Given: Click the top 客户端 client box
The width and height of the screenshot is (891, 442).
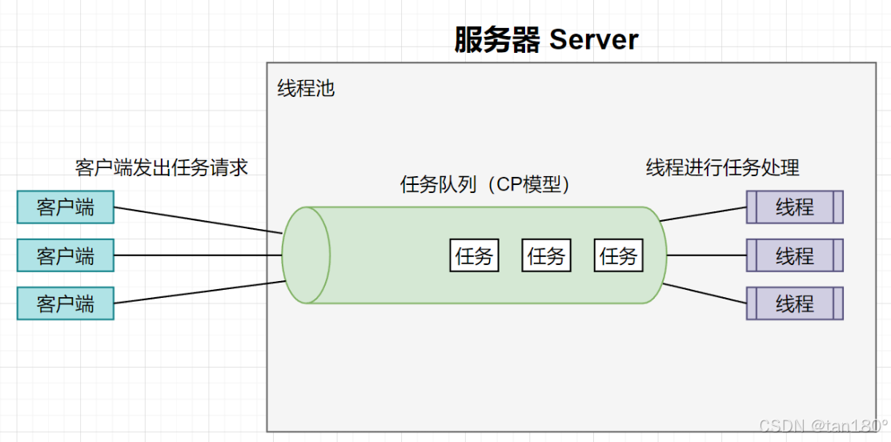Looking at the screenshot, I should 66,207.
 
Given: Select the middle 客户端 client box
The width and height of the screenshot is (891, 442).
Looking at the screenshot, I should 66,256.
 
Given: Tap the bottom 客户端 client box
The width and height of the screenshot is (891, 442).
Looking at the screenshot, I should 66,304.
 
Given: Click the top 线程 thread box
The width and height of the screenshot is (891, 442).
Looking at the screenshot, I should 794,207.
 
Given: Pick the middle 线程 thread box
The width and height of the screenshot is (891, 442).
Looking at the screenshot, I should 794,256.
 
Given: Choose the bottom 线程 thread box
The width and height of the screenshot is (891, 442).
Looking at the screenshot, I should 794,304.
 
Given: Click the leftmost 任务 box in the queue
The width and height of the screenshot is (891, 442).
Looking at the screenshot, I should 474,256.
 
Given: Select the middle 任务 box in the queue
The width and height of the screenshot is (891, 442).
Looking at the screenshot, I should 546,256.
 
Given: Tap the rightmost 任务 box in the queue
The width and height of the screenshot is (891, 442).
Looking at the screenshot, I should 619,256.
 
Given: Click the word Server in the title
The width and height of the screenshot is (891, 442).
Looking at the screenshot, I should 593,40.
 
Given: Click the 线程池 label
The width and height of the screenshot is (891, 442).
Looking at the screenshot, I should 306,88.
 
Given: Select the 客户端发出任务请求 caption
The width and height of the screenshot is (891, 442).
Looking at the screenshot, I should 162,167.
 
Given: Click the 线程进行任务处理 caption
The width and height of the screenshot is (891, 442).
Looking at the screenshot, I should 723,167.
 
